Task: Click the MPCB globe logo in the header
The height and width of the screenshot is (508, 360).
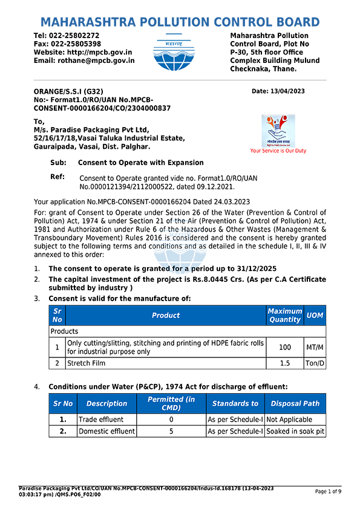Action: point(174,52)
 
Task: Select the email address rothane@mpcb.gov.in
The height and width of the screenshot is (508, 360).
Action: point(96,60)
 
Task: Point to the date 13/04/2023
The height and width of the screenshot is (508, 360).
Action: point(287,91)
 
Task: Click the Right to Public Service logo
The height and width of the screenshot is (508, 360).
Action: point(278,131)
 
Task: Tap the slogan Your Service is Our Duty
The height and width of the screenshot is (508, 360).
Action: point(278,151)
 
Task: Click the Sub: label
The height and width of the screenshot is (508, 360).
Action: point(58,163)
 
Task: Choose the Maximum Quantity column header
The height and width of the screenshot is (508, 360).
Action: point(285,315)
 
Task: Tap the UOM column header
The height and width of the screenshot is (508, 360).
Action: point(315,315)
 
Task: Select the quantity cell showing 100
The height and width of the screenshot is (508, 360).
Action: point(285,347)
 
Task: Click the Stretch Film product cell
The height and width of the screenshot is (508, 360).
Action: point(166,363)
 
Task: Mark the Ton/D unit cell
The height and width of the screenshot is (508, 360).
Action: point(315,363)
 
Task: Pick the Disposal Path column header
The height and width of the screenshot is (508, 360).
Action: point(295,403)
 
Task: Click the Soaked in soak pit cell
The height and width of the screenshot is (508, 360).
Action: point(295,431)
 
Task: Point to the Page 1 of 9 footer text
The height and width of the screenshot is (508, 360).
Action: point(329,492)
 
